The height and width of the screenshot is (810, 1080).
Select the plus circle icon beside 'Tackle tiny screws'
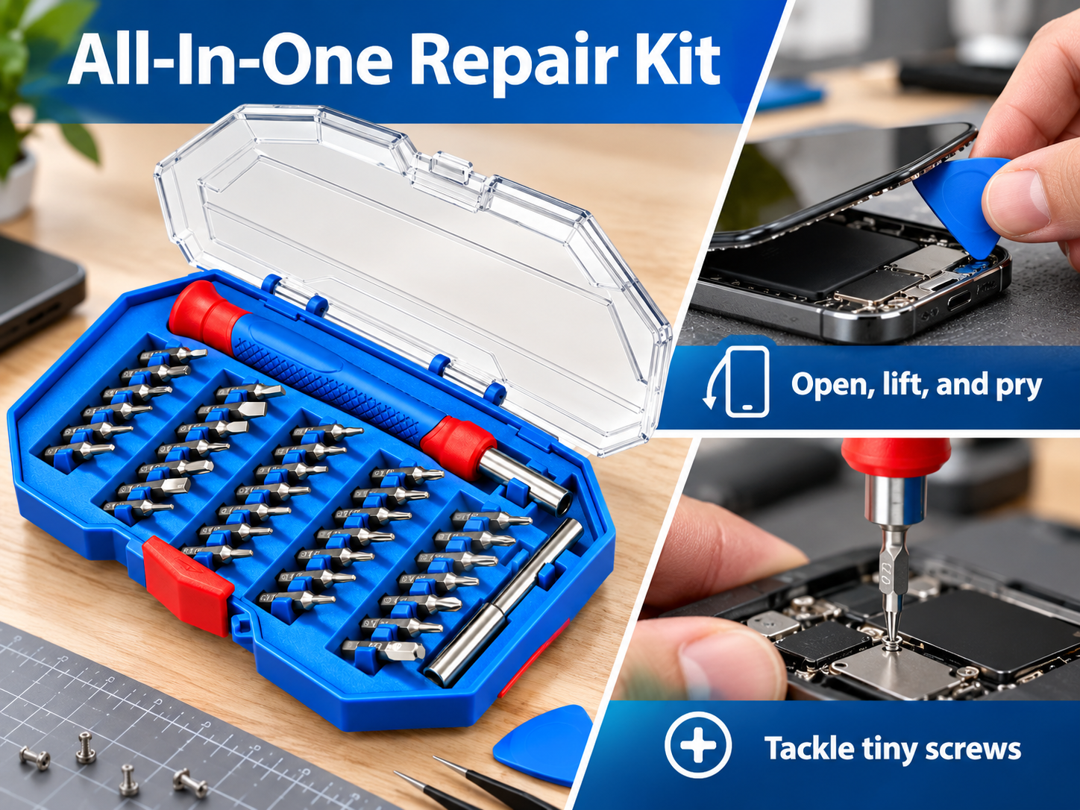tap(697, 745)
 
